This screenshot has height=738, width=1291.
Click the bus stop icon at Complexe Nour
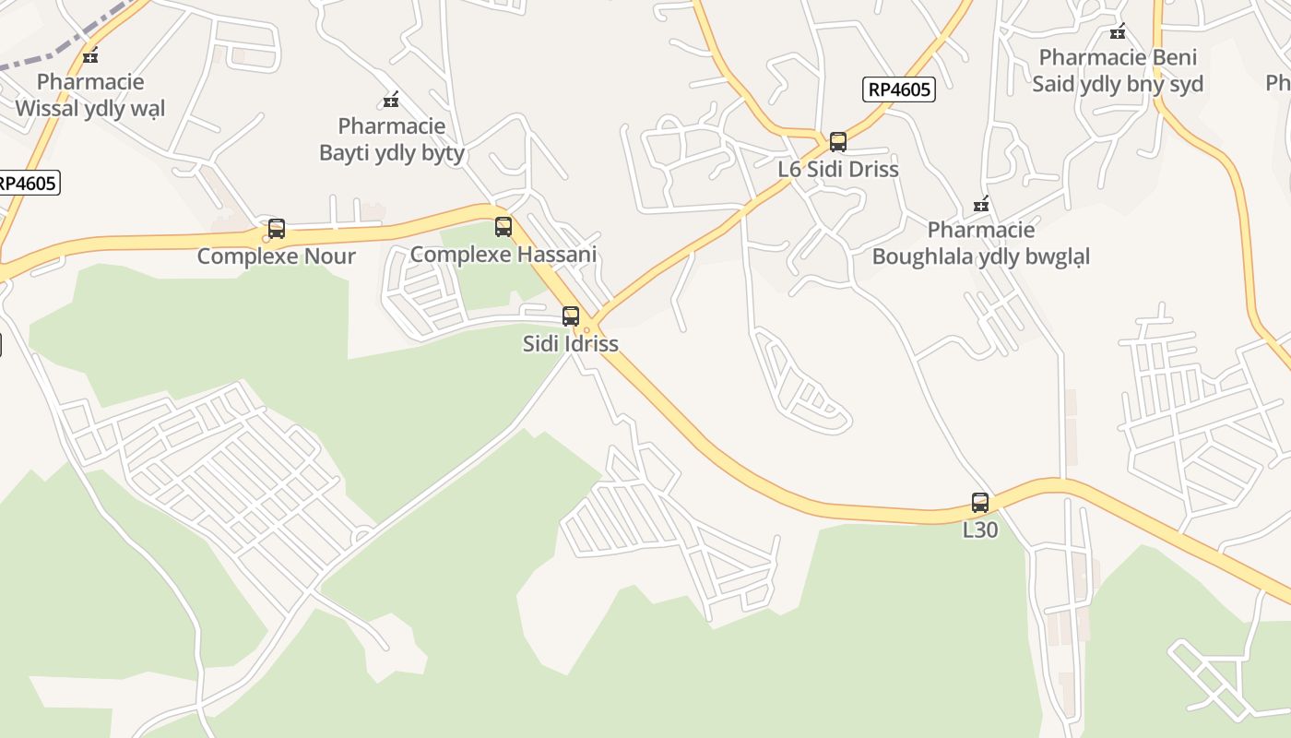coord(276,229)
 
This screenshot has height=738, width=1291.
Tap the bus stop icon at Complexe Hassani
coord(503,226)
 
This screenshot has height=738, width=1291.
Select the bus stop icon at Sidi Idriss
coord(571,316)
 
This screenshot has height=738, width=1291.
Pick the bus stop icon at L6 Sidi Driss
coord(837,142)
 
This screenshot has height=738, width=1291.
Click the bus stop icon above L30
coord(980,503)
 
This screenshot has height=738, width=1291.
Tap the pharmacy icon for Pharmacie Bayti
coord(391,100)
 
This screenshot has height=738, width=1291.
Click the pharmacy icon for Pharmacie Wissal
coord(90,55)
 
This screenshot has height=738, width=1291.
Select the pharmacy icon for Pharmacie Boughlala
coord(981,204)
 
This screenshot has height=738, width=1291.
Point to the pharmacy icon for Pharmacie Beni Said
coord(1118,32)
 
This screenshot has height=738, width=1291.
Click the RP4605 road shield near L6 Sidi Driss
coord(899,89)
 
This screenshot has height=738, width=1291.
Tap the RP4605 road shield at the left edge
coord(28,183)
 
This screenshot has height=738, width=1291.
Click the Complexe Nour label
coord(276,256)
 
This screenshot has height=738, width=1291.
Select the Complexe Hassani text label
coord(503,254)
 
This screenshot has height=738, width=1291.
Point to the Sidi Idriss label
coord(570,343)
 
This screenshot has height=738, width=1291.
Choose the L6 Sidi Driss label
coord(837,169)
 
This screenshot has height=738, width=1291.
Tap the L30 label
coord(980,530)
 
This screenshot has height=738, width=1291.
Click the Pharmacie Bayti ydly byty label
coord(391,139)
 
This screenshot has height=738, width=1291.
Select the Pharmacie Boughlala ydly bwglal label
coord(981,243)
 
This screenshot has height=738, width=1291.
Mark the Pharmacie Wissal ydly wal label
coord(90,95)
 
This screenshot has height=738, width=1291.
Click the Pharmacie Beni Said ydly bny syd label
coord(1118,71)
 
